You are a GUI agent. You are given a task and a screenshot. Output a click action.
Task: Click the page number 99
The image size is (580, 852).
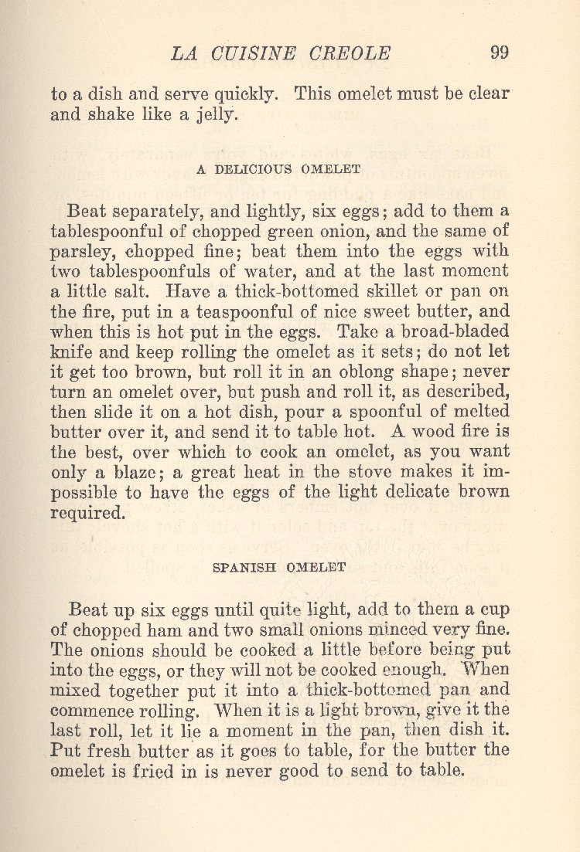499,53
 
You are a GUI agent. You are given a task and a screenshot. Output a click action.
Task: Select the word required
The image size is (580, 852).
87,512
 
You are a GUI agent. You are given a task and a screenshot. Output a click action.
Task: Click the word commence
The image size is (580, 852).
93,710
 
